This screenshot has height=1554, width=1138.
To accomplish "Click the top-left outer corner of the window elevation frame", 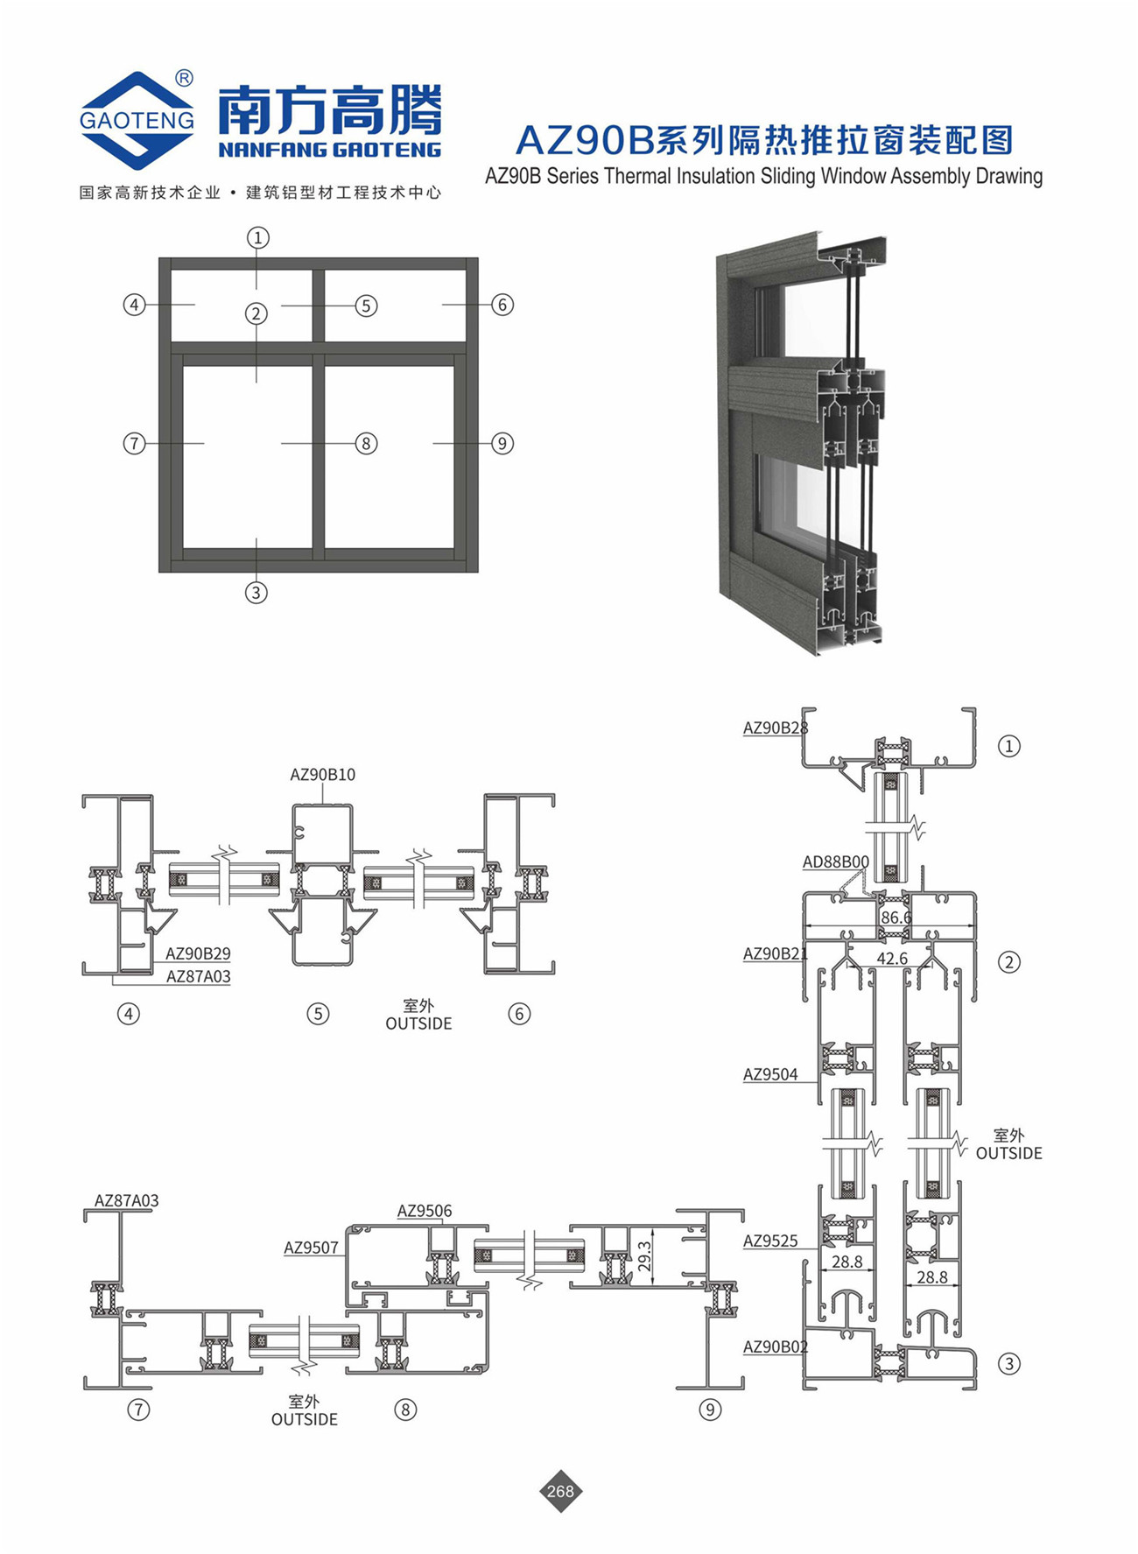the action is point(159,258).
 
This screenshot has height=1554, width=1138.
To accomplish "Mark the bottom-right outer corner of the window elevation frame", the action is point(478,572).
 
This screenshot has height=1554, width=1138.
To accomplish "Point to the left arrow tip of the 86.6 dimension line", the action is point(805,926).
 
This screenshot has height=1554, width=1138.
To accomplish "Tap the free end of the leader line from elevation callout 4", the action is point(194,305).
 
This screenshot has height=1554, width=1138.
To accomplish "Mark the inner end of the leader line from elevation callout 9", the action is point(433,443).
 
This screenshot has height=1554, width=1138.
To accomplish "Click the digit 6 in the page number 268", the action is point(560,1491).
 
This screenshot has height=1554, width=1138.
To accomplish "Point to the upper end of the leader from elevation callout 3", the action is point(256,539).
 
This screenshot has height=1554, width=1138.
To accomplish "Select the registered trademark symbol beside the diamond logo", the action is point(184,79).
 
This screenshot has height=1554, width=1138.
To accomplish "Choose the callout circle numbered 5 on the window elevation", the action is point(366,306).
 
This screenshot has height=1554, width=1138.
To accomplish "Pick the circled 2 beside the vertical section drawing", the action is point(1009,962).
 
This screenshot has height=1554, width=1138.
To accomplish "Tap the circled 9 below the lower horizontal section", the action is point(710,1410).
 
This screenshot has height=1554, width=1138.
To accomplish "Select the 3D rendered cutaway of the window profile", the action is point(802,442).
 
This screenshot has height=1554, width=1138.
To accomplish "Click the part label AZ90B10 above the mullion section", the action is point(322,775).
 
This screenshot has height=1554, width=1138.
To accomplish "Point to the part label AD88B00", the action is point(836,862).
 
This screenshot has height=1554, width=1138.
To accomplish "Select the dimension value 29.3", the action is point(645,1257).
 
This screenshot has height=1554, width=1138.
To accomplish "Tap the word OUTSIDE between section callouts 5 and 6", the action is point(418,1023).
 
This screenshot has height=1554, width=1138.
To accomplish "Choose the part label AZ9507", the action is point(311,1248).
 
